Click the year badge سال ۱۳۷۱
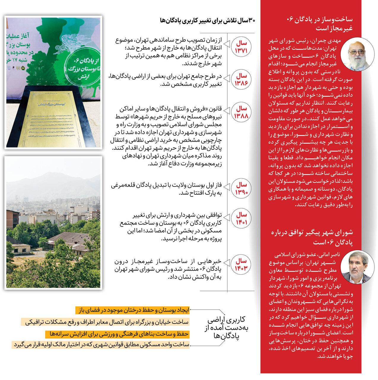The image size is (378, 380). tap(241, 47)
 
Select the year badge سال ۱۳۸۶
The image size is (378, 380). tap(241, 80)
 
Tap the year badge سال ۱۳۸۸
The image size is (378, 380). tap(241, 112)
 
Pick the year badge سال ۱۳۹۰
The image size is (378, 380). tap(241, 189)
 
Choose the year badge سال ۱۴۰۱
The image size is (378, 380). tap(241, 218)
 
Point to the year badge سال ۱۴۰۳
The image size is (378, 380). tap(241, 265)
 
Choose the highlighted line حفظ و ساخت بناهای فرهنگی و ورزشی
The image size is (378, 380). tap(117, 334)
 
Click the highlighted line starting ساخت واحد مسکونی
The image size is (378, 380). tap(101, 345)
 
